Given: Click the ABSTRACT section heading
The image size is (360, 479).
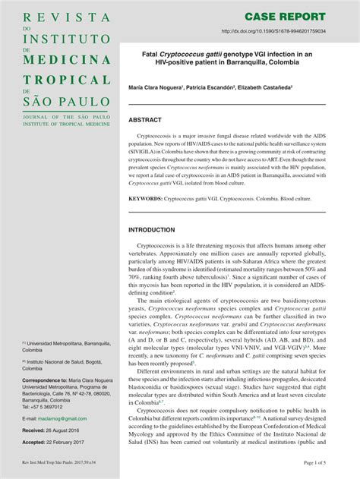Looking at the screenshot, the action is coord(145,120).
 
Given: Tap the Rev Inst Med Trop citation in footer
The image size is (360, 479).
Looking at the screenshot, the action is coord(62,462).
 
